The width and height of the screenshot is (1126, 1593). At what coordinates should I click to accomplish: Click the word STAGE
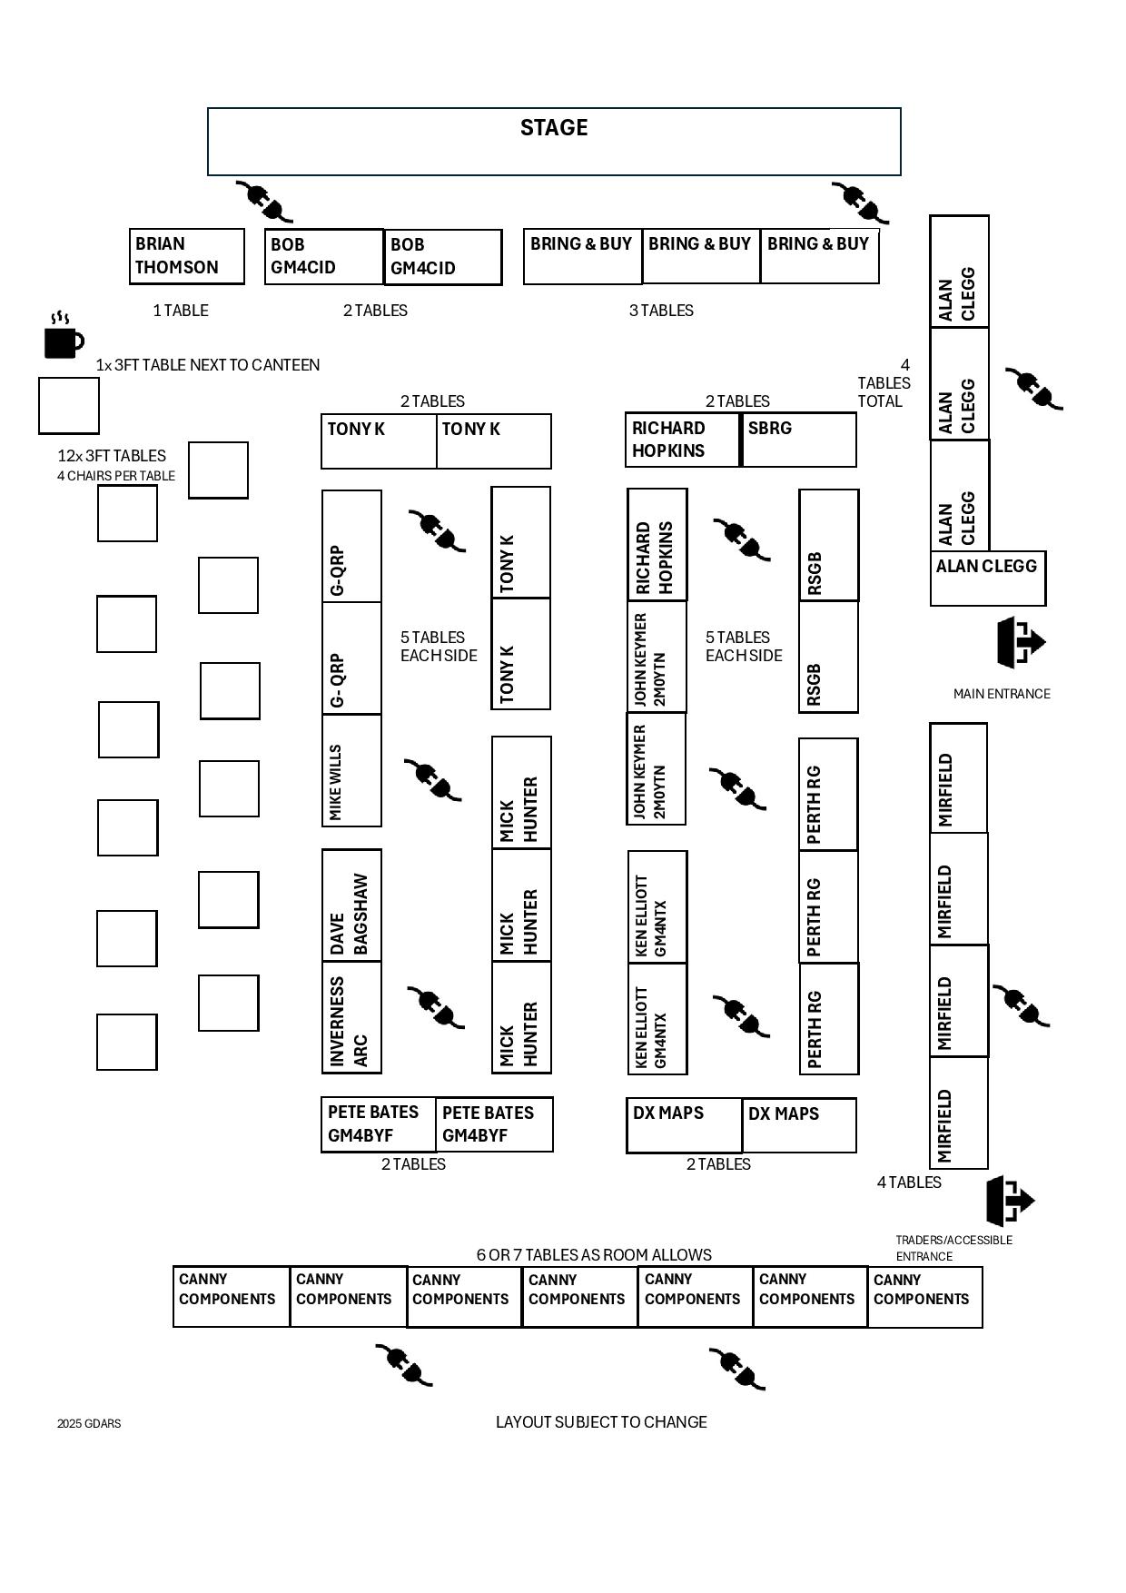pos(554,128)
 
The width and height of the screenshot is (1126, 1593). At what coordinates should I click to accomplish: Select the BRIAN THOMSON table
pos(187,256)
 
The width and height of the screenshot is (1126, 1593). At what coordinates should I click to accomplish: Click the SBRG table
pos(798,440)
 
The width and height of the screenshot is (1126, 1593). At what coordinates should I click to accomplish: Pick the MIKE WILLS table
pos(351,771)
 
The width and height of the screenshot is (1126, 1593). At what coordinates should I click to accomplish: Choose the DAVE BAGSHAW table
pos(351,905)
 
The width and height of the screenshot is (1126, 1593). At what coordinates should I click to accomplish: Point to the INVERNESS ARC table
pos(351,1018)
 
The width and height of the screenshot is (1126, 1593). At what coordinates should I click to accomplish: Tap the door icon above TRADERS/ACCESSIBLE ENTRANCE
pos(1010,1201)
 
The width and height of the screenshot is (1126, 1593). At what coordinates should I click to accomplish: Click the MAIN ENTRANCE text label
pos(1002,694)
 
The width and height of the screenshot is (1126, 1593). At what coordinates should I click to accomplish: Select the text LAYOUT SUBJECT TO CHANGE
pos(601,1422)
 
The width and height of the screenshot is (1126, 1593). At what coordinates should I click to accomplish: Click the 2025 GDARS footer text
pos(89,1423)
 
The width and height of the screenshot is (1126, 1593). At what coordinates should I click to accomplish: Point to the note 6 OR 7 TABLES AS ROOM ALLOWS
pos(594,1255)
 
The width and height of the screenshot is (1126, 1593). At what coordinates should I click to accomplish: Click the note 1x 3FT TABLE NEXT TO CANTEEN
pos(208,365)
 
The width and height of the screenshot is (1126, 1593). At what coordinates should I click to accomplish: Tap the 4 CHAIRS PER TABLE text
pos(116,476)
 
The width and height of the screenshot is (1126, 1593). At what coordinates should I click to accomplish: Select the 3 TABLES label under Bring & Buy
pos(661,311)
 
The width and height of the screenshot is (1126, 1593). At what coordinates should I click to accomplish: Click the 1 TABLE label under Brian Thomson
pos(181,311)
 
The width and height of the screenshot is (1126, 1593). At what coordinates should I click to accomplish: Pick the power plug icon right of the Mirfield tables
pos(1022,1005)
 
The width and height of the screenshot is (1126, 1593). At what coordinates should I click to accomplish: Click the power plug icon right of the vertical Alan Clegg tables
pos(1034,389)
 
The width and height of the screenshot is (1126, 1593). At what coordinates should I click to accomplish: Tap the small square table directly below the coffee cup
pos(69,406)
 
